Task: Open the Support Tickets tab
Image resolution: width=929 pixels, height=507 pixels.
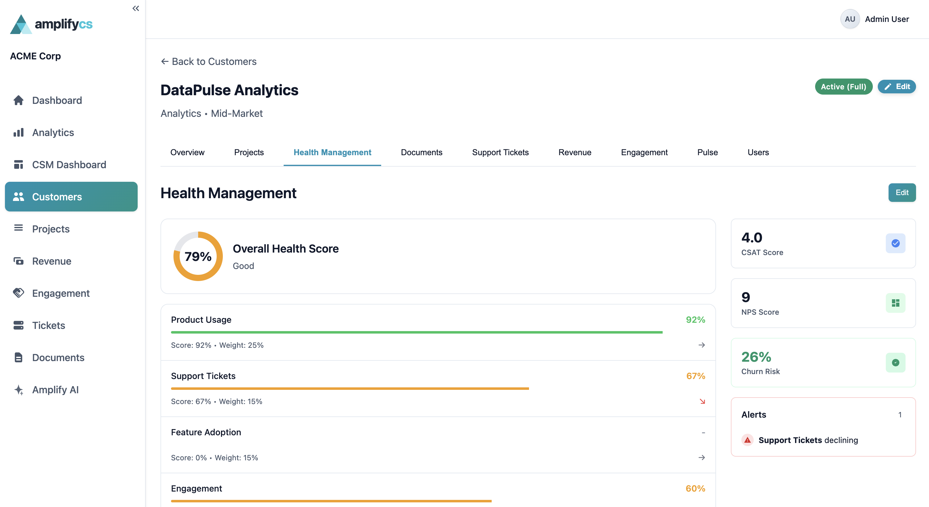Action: [500, 152]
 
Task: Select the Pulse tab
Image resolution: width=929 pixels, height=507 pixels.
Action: [707, 152]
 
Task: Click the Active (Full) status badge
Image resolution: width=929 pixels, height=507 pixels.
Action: [843, 87]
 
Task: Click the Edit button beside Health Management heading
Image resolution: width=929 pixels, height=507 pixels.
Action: [901, 193]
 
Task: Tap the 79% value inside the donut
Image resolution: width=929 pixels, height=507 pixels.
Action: [198, 256]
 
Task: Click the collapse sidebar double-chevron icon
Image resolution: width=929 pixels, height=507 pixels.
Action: [135, 8]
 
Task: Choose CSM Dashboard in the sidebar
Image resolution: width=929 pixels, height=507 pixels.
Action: [69, 165]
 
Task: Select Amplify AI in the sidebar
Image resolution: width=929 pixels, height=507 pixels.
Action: [55, 390]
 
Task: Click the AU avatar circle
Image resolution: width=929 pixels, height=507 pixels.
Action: [850, 19]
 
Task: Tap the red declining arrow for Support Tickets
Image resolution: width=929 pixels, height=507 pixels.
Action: [702, 401]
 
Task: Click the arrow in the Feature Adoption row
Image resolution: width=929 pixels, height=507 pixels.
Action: [702, 458]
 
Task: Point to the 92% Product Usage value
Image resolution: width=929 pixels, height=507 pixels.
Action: [695, 320]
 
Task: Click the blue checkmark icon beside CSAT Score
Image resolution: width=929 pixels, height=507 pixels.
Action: [895, 243]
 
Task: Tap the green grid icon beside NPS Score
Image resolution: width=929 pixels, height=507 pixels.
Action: [895, 303]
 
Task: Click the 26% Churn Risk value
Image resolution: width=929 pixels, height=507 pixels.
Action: [756, 357]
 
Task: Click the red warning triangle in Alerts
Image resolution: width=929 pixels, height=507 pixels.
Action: [747, 440]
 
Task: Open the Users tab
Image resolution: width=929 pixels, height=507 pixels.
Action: [758, 152]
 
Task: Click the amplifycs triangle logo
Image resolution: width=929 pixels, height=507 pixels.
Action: [21, 24]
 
